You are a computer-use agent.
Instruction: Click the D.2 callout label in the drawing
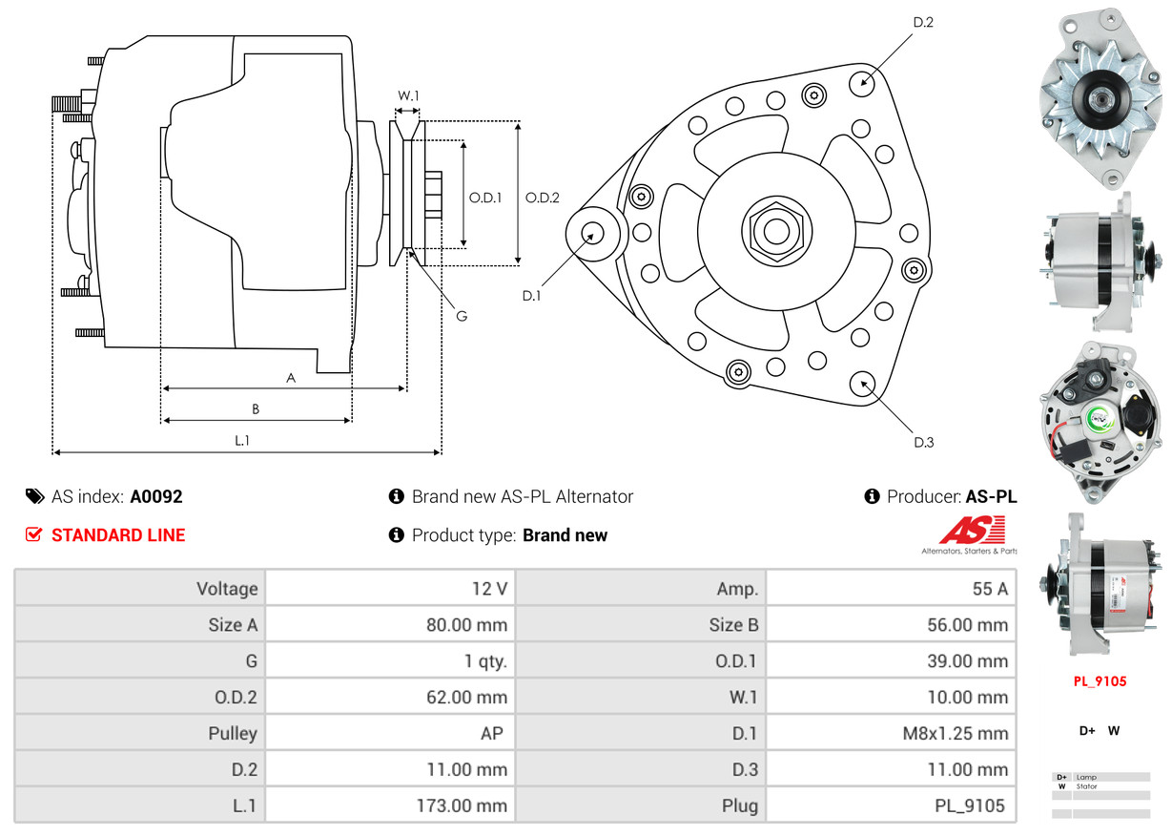tap(922, 22)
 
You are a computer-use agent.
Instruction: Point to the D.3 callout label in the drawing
tap(923, 442)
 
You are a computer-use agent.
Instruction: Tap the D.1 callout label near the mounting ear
tap(531, 296)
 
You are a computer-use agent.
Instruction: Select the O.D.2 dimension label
tap(543, 198)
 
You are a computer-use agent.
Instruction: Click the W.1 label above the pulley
tap(408, 95)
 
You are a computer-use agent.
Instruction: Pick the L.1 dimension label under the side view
tap(242, 440)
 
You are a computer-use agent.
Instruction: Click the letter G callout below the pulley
tap(461, 316)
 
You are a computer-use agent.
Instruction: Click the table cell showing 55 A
tap(989, 589)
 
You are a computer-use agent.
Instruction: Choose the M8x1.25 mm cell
tap(955, 734)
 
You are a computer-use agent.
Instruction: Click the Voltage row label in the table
tap(227, 589)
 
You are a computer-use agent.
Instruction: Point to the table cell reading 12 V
tap(489, 589)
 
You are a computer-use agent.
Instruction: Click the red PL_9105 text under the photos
tap(1100, 681)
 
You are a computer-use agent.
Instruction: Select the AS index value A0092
tap(156, 496)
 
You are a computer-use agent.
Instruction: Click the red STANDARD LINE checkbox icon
tap(33, 535)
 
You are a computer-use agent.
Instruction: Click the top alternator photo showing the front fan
tap(1100, 96)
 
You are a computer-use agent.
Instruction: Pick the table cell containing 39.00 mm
tap(968, 661)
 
